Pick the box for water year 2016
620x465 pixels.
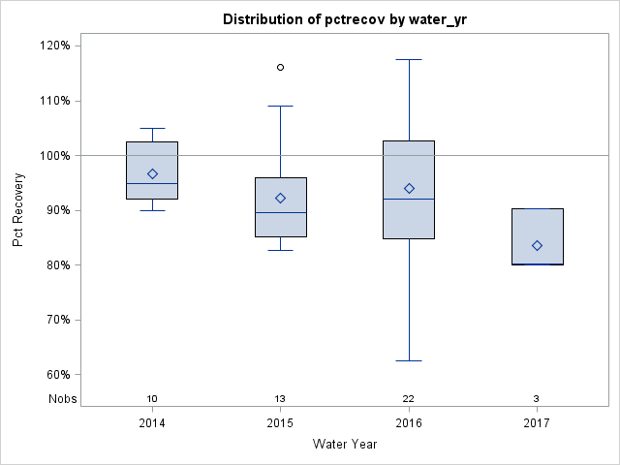click(x=409, y=218)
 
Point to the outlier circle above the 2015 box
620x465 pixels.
click(x=281, y=67)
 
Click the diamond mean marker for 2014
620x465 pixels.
click(x=152, y=174)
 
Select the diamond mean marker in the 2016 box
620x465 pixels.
click(x=409, y=188)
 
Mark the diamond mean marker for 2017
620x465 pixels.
click(x=537, y=246)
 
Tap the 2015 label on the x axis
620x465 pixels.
click(x=281, y=423)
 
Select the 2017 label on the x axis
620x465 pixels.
click(x=537, y=423)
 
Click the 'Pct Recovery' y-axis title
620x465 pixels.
click(x=19, y=209)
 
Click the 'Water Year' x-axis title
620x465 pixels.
click(x=345, y=445)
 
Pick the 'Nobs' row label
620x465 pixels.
click(x=63, y=398)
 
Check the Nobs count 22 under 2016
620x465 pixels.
click(x=409, y=398)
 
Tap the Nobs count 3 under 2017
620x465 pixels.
click(x=537, y=398)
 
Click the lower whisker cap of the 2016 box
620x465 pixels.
click(x=409, y=360)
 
